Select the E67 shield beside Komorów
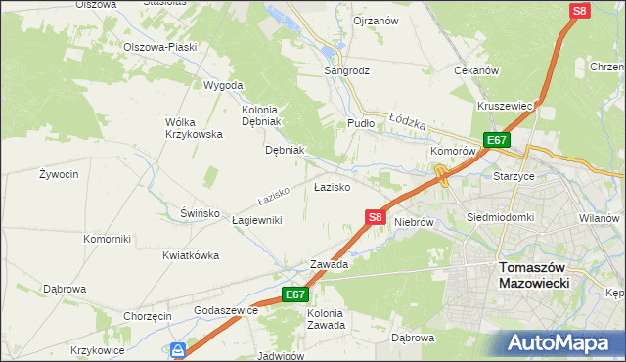(497, 140)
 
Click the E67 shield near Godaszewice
(295, 294)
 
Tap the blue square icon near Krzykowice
(178, 349)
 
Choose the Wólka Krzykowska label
(194, 128)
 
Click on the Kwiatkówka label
(190, 255)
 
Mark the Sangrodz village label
(347, 70)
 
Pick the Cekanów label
(477, 70)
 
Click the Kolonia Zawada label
(326, 319)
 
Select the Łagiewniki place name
(257, 220)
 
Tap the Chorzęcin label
(148, 316)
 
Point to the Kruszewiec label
(505, 106)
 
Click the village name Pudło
(361, 124)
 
